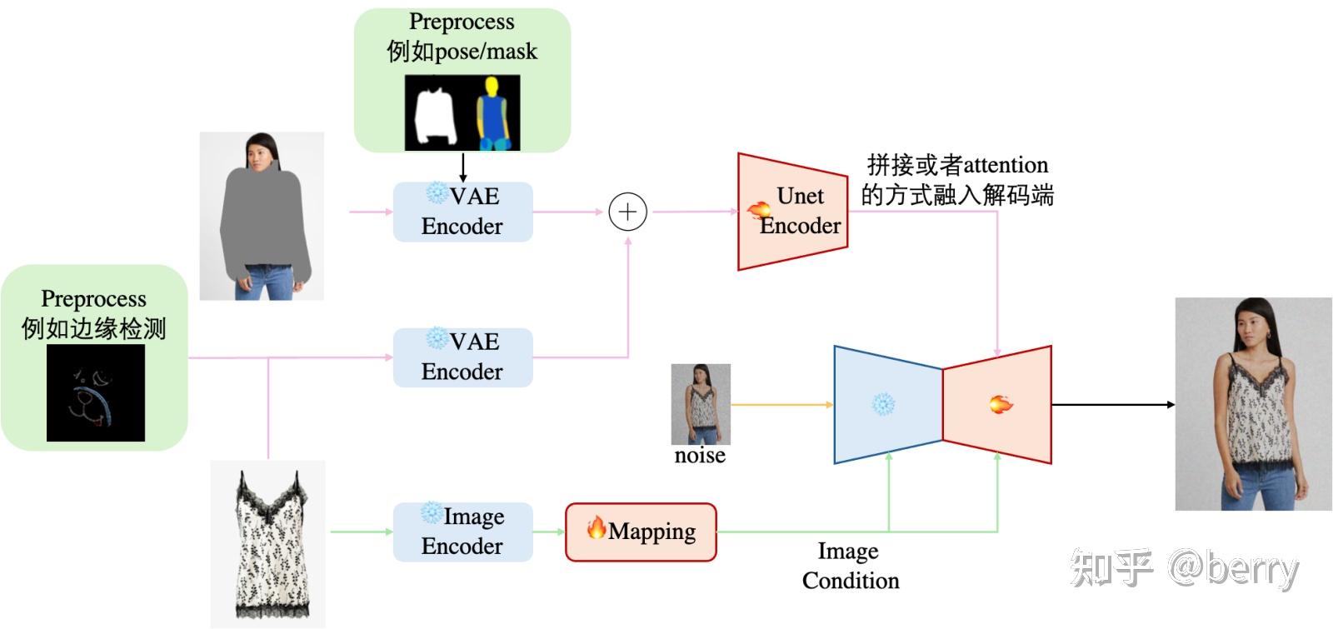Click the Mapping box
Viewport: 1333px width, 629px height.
pos(641,532)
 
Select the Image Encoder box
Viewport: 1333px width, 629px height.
pos(462,532)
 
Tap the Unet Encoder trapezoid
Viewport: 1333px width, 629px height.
pos(792,212)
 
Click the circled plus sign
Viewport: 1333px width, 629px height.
pos(627,212)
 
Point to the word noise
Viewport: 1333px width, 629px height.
pos(700,456)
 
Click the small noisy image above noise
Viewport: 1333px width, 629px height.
pos(701,404)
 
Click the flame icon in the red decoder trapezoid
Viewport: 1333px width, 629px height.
pos(1001,405)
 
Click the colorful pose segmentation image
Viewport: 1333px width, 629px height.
pos(492,113)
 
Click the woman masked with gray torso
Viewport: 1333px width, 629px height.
pos(262,217)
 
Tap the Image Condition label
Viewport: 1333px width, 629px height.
pos(850,566)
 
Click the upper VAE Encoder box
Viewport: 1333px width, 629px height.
pos(462,212)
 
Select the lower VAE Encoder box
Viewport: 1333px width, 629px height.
pos(462,357)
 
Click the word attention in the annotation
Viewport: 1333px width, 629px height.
pos(1006,165)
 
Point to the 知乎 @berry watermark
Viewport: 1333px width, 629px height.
pos(1183,569)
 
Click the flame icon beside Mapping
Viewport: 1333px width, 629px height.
pos(596,527)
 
